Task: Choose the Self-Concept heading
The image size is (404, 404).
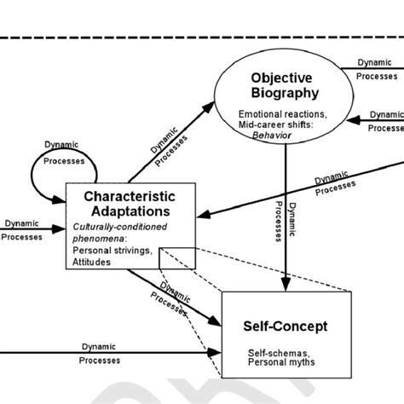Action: (286, 325)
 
